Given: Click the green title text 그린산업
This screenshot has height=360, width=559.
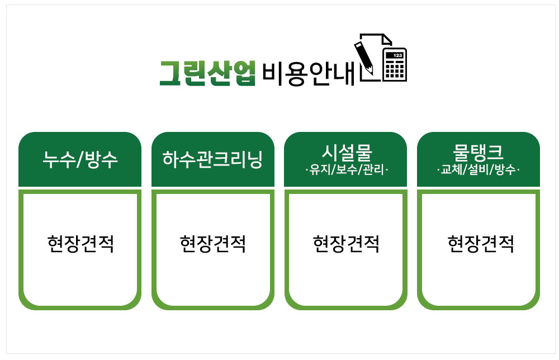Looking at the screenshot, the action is [207, 73].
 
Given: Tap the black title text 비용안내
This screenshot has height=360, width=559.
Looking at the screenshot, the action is [309, 74].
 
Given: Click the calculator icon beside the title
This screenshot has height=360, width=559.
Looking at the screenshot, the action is [395, 65].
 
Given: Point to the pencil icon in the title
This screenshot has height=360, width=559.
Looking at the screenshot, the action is [364, 58].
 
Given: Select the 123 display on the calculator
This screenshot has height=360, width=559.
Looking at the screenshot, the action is [397, 55].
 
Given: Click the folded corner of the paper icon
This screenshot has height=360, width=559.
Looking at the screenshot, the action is [387, 40].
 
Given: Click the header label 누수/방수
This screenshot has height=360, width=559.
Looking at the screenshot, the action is [80, 159].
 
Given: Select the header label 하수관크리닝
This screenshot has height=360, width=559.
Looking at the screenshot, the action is [213, 159].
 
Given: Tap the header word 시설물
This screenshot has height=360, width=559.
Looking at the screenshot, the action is [347, 152].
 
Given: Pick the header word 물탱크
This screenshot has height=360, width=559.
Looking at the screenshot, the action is [478, 152].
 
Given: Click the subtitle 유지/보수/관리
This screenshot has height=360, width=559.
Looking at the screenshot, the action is [347, 170].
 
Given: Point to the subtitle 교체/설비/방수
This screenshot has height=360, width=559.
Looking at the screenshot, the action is [478, 170].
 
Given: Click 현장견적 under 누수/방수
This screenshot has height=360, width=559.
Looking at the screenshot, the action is [80, 244].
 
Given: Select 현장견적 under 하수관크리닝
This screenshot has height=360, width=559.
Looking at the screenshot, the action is [213, 244].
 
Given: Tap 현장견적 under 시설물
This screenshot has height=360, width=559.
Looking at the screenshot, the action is [346, 244].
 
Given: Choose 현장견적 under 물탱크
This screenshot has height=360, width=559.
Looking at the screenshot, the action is [481, 244].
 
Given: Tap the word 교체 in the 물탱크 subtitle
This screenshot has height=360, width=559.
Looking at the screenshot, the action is [451, 170].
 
